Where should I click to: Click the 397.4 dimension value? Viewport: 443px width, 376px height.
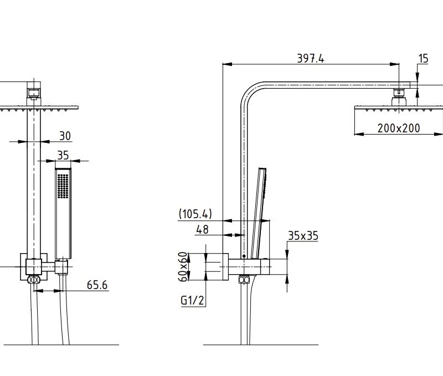coord(310,58)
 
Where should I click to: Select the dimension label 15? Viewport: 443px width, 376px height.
coord(423,58)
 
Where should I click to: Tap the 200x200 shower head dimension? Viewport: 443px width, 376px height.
coord(398,128)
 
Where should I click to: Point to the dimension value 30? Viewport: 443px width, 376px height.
coord(64,136)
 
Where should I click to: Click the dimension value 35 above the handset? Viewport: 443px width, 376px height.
coord(63,155)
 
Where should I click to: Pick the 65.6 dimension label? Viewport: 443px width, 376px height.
coord(97,285)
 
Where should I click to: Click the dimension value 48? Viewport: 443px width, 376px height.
coord(203,229)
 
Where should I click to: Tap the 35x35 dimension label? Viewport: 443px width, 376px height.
coord(303,236)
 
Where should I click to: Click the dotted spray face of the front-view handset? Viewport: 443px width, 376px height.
coord(63,184)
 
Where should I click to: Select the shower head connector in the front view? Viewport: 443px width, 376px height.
coord(34,90)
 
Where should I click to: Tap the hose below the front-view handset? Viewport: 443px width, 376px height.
coord(64,310)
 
